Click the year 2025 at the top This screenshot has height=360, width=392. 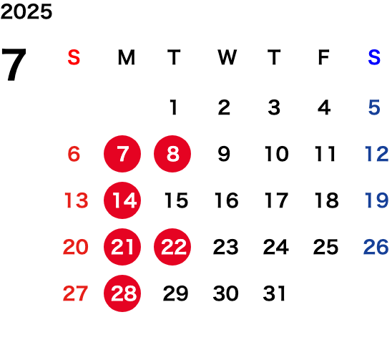click(26, 11)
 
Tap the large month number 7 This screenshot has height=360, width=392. click(14, 64)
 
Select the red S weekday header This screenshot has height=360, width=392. click(74, 57)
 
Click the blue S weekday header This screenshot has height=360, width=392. click(374, 57)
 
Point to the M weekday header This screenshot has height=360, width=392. click(127, 57)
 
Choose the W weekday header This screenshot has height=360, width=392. click(227, 57)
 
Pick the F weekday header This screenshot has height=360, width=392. click(324, 57)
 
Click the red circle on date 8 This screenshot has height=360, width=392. click(172, 154)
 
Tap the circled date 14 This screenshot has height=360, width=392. click(122, 200)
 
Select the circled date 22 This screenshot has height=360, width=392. click(172, 247)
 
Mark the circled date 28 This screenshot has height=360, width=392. click(122, 293)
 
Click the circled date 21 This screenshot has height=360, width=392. click(122, 247)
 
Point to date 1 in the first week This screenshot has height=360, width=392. click(174, 107)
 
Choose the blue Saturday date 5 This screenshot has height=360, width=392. click(374, 107)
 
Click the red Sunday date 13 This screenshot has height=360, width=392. click(77, 200)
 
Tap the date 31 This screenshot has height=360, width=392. click(274, 293)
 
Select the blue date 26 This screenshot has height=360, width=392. click(376, 247)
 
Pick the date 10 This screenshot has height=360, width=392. click(277, 154)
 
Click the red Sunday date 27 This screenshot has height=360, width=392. click(75, 293)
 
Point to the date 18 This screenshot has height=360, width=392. click(327, 200)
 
